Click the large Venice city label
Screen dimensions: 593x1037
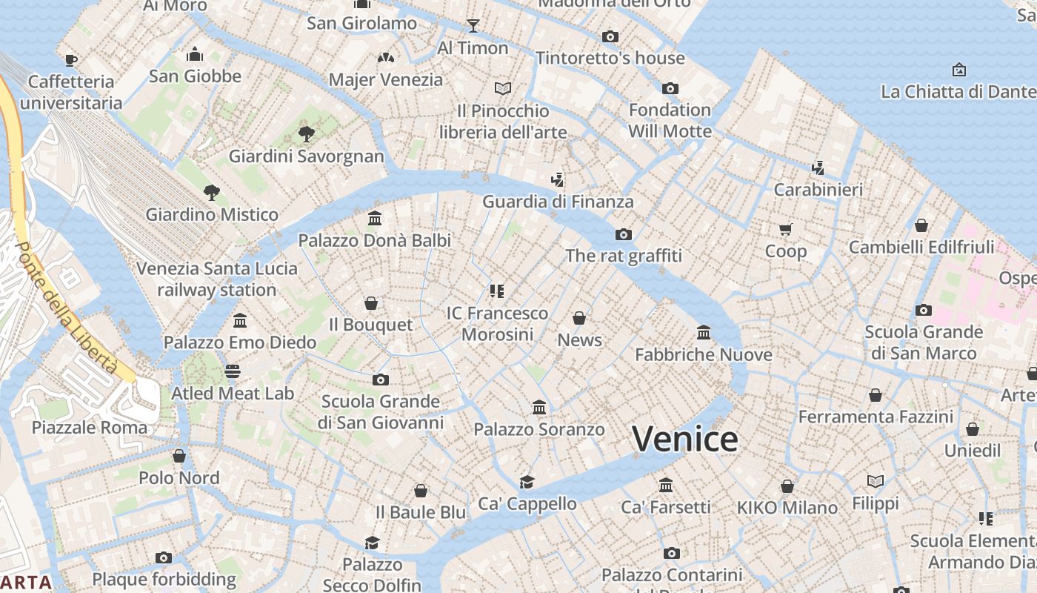pyautogui.click(x=684, y=440)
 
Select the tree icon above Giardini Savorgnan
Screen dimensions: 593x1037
pyautogui.click(x=306, y=134)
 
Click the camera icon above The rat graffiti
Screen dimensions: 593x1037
pyautogui.click(x=624, y=234)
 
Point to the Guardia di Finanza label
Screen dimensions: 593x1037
pyautogui.click(x=558, y=202)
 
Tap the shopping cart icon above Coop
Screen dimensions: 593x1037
pyautogui.click(x=785, y=229)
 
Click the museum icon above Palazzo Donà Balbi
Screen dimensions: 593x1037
pyautogui.click(x=375, y=219)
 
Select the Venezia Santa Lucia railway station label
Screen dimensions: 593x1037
pyautogui.click(x=217, y=279)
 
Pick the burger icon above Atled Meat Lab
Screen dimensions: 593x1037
pyautogui.click(x=233, y=371)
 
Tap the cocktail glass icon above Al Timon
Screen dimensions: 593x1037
pyautogui.click(x=473, y=27)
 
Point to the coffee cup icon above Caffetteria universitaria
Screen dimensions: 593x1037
pyautogui.click(x=71, y=60)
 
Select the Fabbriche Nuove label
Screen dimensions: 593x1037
pyautogui.click(x=703, y=355)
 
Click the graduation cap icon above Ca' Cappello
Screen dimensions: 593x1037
pyautogui.click(x=527, y=482)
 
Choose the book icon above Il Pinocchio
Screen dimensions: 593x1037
pyautogui.click(x=503, y=89)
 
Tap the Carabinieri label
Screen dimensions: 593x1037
pyautogui.click(x=818, y=190)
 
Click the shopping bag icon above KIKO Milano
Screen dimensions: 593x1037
pyautogui.click(x=787, y=486)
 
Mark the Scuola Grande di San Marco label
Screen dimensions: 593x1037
pyautogui.click(x=923, y=342)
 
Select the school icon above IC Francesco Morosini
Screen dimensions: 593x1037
pyautogui.click(x=497, y=291)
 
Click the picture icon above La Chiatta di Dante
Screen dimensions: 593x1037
pyautogui.click(x=958, y=70)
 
